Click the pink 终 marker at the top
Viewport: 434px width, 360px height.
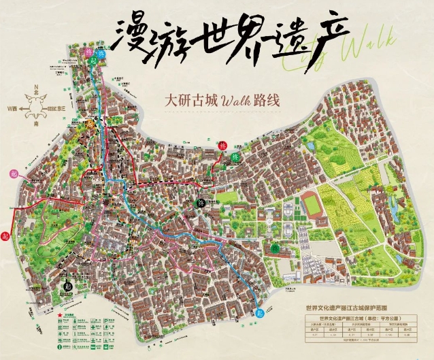coord(88,51)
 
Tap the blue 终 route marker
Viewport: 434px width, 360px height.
coord(101,54)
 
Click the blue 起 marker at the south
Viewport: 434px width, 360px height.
coord(259,314)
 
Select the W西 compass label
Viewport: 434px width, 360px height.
coord(12,108)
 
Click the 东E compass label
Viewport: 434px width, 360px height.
coord(61,108)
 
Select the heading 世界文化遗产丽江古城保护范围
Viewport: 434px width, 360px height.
coord(358,308)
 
